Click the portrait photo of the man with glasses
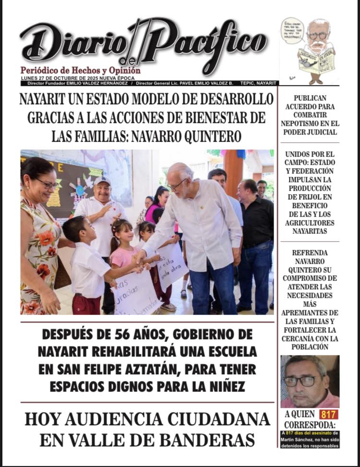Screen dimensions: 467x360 (x=310, y=381)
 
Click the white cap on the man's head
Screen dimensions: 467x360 (x=102, y=181)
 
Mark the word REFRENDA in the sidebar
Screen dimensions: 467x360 (x=310, y=253)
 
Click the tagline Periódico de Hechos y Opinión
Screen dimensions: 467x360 (x=80, y=71)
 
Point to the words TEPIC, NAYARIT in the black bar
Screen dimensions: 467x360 (x=259, y=83)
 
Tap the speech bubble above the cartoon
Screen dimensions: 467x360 (x=292, y=30)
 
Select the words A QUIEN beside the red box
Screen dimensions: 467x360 (x=300, y=414)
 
